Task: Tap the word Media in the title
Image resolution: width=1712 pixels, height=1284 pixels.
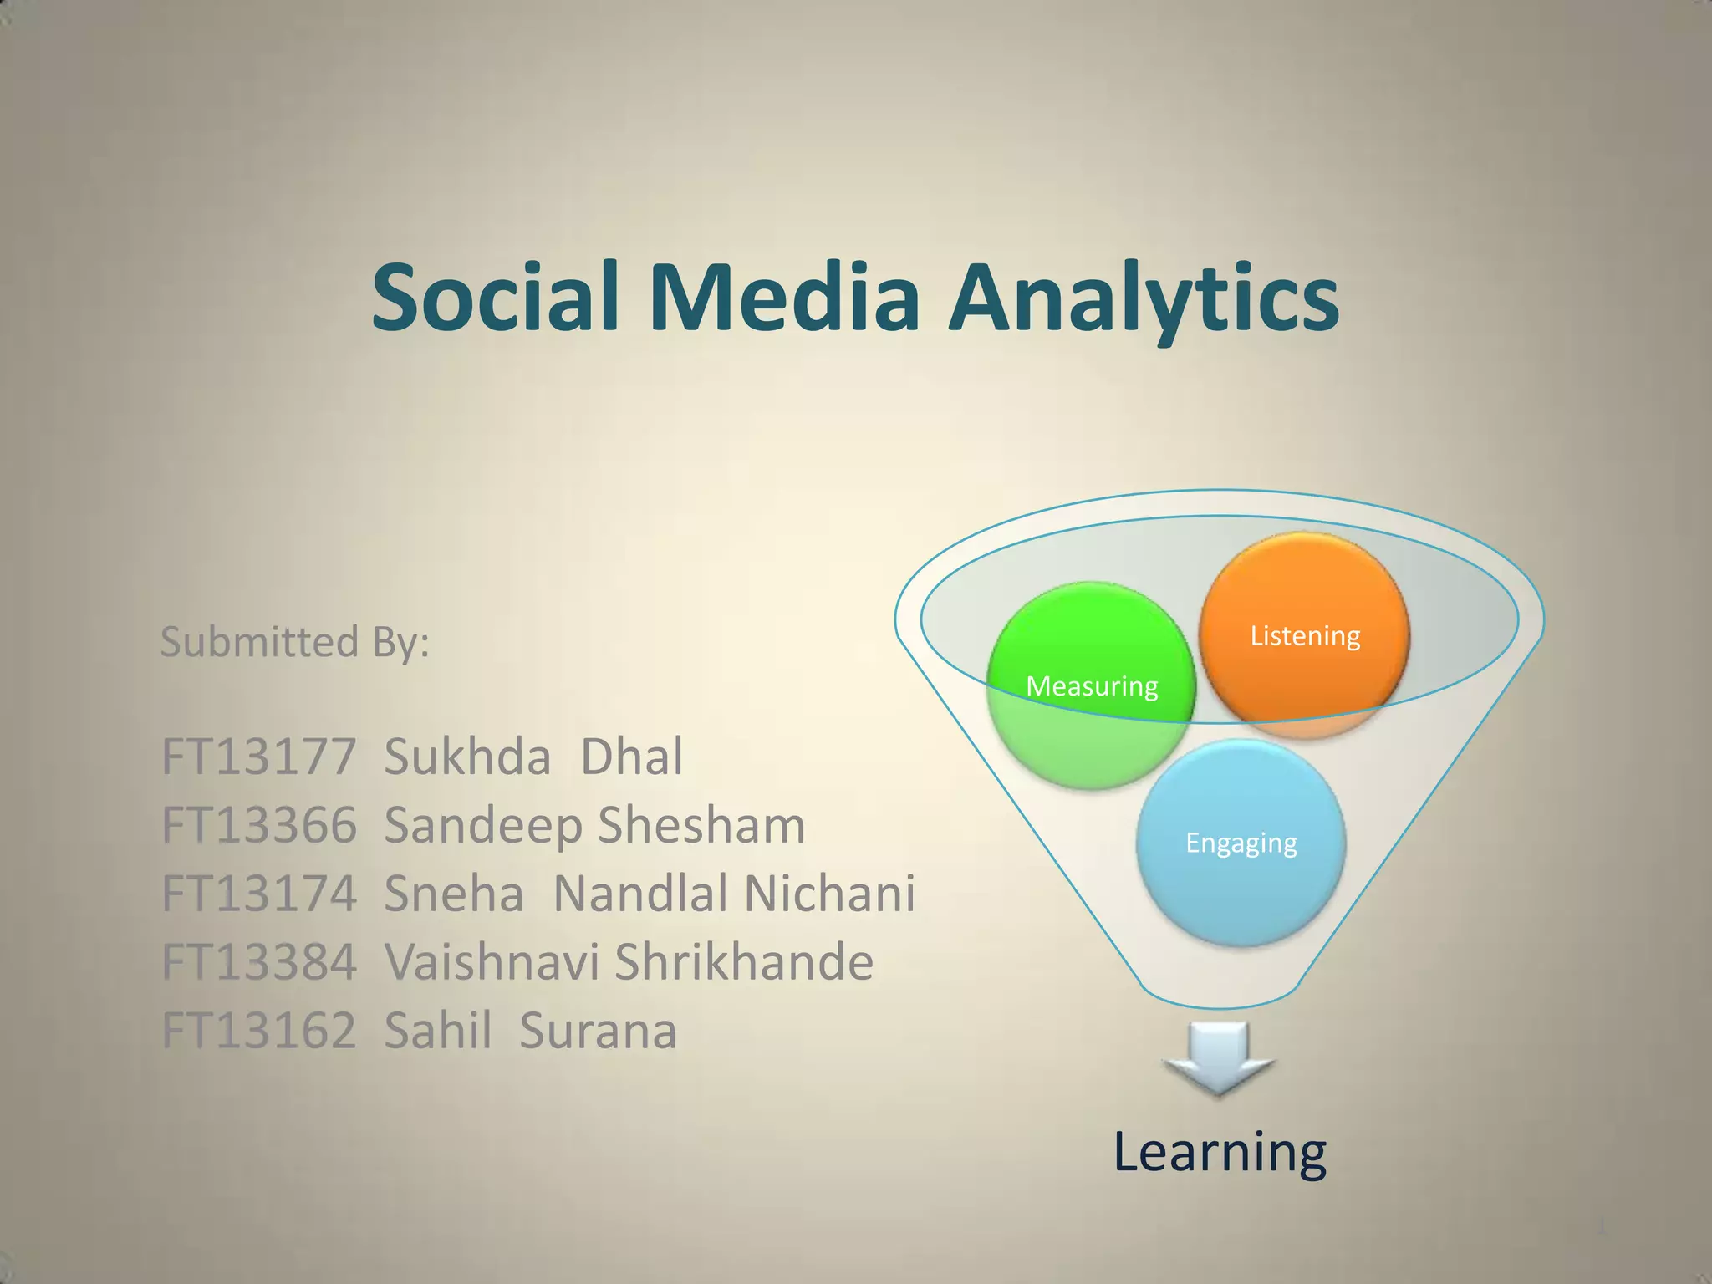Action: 784,297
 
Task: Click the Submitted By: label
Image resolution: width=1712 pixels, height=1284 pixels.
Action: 294,642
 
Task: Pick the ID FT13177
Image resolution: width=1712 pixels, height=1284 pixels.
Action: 258,757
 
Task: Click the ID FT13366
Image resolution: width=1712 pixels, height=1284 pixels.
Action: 258,825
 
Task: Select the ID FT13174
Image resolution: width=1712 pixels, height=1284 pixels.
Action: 258,894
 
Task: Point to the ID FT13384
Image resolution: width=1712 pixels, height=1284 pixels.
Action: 258,962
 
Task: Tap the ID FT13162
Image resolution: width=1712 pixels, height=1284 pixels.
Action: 258,1031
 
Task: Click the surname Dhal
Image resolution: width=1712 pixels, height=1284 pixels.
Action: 631,757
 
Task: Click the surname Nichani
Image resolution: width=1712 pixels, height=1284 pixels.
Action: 828,894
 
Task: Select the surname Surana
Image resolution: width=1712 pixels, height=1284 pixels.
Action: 597,1031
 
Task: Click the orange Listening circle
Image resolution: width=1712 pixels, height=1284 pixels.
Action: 1304,635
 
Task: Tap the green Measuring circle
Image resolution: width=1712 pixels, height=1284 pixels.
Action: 1091,686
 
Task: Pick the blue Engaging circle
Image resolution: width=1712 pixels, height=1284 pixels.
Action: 1241,843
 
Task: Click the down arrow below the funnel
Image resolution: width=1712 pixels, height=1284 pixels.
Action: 1219,1057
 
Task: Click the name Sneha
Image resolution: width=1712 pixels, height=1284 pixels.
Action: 453,894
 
